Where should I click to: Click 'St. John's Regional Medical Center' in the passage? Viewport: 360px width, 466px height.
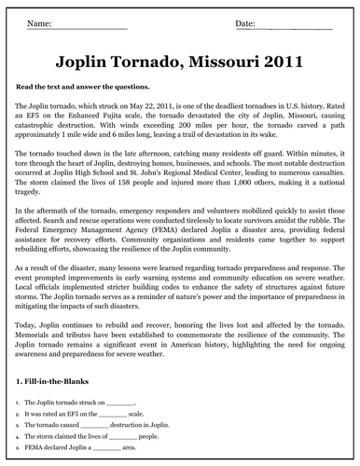(186, 198)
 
